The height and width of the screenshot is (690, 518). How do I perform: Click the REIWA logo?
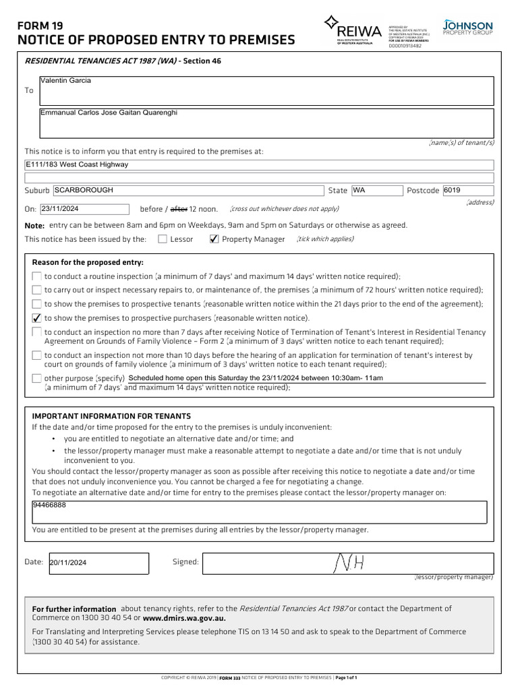tap(353, 30)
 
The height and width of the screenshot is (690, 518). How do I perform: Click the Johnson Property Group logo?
tap(467, 28)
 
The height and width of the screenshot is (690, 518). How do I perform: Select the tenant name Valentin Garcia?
tap(65, 81)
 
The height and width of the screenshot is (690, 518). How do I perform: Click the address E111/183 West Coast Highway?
tap(77, 164)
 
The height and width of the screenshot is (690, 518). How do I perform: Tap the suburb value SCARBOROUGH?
tap(84, 191)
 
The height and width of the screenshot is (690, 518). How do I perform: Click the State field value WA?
tap(359, 191)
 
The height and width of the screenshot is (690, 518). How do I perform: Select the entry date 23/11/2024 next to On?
tap(61, 209)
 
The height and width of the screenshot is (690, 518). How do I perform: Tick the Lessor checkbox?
tap(163, 239)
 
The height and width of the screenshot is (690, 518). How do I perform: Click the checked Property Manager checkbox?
tap(214, 239)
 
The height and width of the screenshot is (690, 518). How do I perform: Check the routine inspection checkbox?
tap(36, 276)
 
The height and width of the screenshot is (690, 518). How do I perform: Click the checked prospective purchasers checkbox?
tap(36, 318)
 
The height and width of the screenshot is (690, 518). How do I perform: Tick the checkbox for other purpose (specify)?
tap(36, 378)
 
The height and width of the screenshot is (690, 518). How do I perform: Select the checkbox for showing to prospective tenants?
tap(36, 304)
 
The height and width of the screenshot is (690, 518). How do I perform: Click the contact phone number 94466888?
tap(49, 505)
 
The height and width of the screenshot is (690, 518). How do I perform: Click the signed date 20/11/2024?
tap(68, 563)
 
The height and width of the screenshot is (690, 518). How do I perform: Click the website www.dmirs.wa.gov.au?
tap(184, 617)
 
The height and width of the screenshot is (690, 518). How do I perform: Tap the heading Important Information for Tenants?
tap(111, 416)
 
